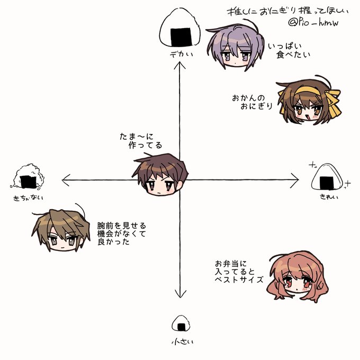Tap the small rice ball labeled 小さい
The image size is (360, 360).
(x=181, y=323)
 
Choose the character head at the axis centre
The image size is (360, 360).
(x=160, y=177)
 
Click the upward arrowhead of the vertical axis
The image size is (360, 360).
(x=180, y=64)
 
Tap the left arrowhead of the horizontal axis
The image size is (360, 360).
(x=65, y=181)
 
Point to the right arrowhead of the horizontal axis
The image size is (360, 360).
(x=297, y=181)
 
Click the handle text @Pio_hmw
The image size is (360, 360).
(x=313, y=24)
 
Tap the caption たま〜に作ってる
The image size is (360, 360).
(x=141, y=141)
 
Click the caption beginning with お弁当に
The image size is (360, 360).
(x=238, y=271)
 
